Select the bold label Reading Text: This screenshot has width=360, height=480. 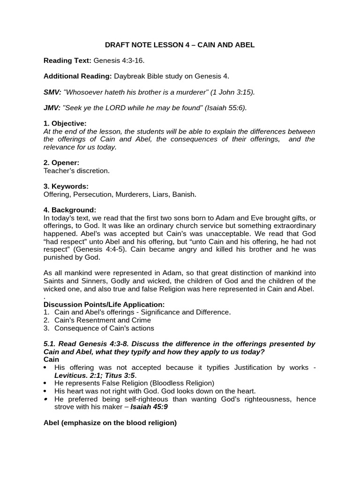tap(67, 60)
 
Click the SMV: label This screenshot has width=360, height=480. tap(52, 92)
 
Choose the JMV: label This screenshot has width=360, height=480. tap(52, 108)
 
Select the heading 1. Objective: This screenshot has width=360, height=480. tap(65, 123)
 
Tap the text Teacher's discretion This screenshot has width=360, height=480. tap(76, 171)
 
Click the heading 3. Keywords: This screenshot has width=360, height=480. tap(66, 186)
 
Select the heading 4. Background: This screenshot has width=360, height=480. tap(70, 210)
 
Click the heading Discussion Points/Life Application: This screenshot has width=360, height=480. tap(104, 304)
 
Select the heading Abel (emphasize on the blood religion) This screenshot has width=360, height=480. tap(110, 422)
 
